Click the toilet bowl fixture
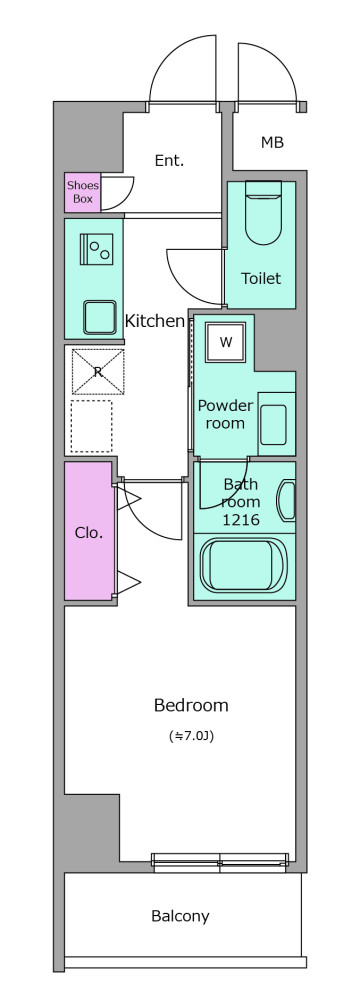264,213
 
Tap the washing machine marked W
225,341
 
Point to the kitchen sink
99,317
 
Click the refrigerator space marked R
98,371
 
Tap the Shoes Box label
83,192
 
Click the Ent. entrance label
169,161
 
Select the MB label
272,142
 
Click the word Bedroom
191,705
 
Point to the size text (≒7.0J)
191,736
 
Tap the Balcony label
180,916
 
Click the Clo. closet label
89,532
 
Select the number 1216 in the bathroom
241,520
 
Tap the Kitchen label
155,320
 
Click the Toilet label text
261,278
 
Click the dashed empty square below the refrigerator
91,425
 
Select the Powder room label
225,414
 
